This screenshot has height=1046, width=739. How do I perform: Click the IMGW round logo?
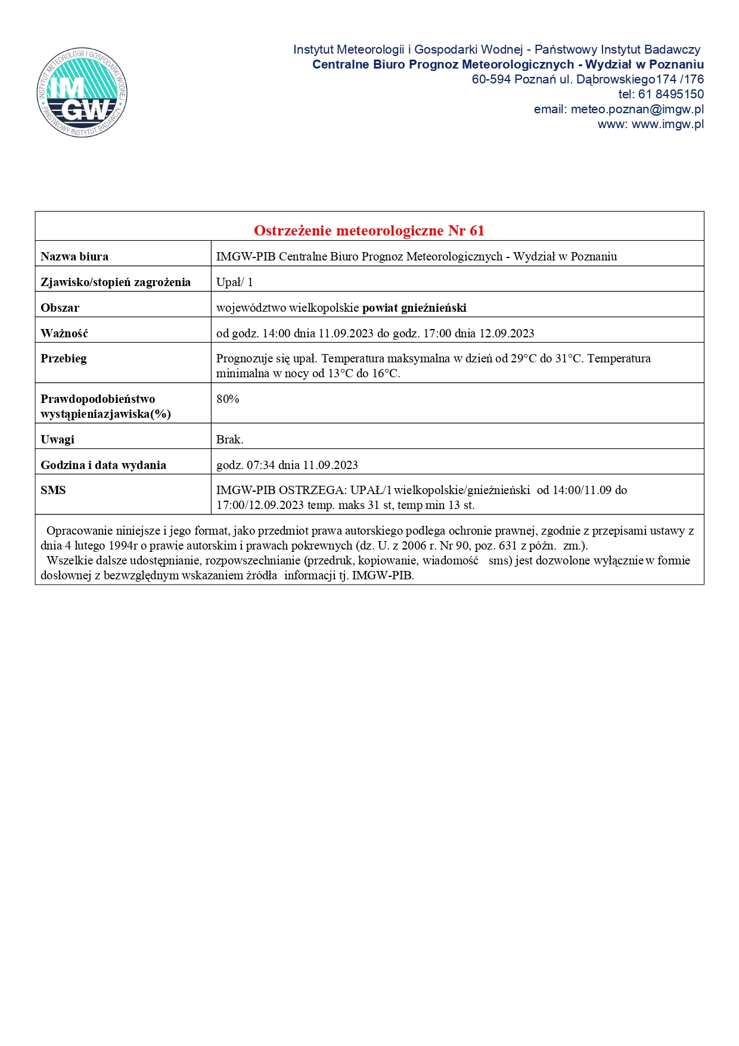point(82,92)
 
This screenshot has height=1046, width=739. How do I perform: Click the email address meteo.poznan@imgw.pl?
point(637,109)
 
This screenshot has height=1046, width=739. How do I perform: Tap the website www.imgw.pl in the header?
point(667,124)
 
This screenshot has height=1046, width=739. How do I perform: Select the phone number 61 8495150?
point(671,94)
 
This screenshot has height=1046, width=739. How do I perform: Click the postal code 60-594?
point(491,79)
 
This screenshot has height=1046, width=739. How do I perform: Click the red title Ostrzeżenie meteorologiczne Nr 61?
point(369,230)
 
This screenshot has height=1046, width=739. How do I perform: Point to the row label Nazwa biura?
point(74,257)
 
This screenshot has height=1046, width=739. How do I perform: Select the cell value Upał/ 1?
point(234,282)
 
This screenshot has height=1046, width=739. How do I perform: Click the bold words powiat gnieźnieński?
point(414,308)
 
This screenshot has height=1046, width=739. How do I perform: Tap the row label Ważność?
point(64,333)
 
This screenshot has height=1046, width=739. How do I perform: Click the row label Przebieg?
point(64,358)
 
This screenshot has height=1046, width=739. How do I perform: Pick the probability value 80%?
point(228,399)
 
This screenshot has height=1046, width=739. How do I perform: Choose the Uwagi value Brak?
point(229,439)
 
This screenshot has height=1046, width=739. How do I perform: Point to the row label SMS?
point(53,490)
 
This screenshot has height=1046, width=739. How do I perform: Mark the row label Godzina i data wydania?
point(103,465)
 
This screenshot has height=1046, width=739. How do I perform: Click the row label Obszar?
point(60,308)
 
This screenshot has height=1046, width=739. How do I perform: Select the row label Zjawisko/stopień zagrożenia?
point(116,282)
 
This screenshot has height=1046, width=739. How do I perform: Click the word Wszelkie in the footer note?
point(67,560)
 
